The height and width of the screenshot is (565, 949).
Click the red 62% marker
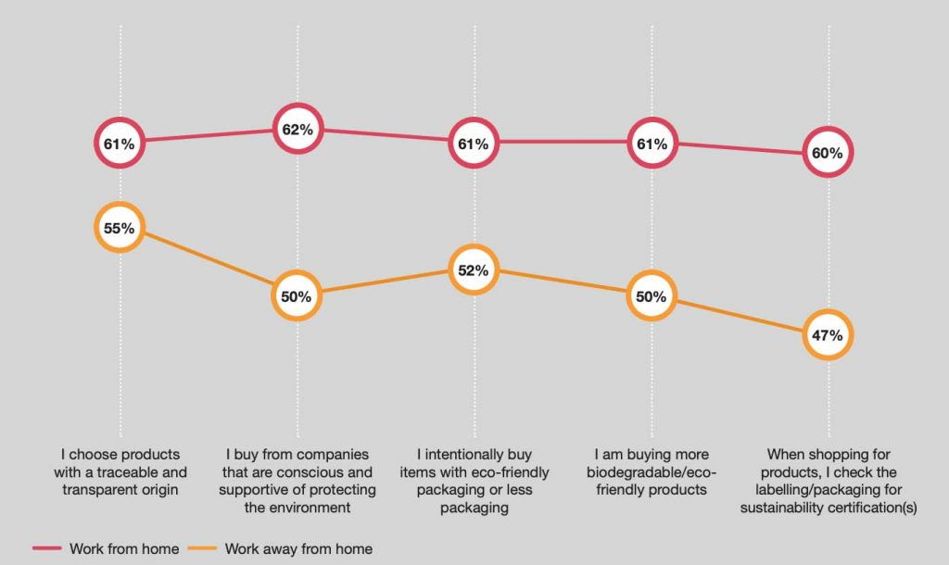point(297,130)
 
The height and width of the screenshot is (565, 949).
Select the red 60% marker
point(828,153)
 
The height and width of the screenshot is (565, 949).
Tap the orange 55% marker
point(120,228)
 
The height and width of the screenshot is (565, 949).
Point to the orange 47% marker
point(828,335)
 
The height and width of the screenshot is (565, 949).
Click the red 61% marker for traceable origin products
point(120,144)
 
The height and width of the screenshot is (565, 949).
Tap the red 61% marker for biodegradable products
point(652,144)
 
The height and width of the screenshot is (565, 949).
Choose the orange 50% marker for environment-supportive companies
point(297,296)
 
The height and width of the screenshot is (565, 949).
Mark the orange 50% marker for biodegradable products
point(652,296)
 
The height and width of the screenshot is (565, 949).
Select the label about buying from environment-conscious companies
point(297,481)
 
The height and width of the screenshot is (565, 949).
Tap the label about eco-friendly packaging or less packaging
point(475,481)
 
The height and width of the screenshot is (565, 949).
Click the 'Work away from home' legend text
point(298,548)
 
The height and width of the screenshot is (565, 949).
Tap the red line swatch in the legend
point(47,548)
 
